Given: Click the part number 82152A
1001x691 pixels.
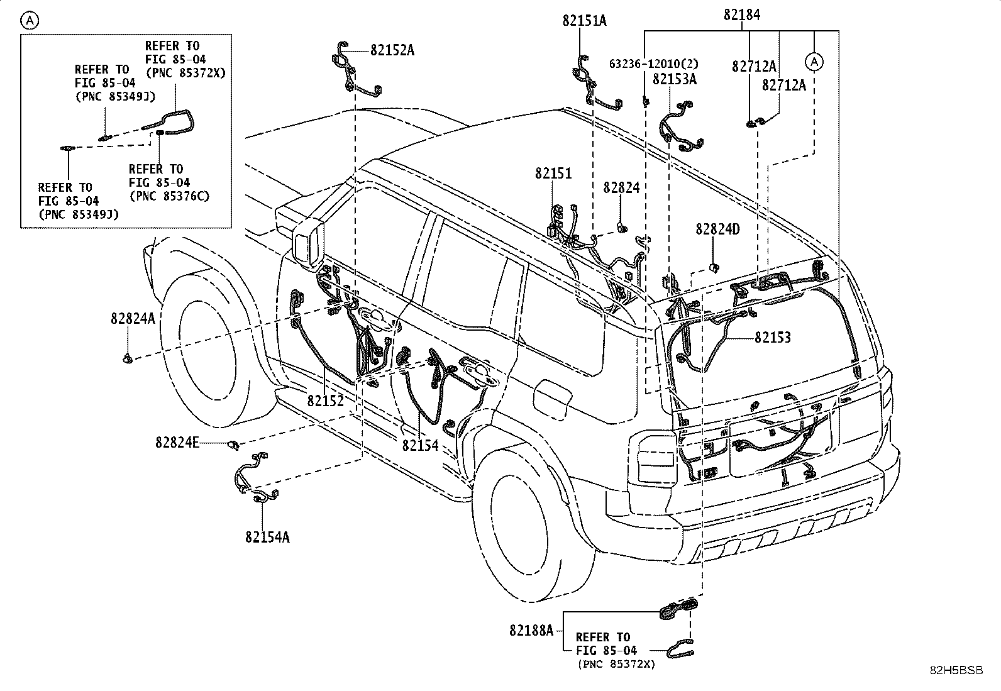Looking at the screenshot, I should [x=392, y=50].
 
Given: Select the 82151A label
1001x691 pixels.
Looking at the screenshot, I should [x=584, y=21].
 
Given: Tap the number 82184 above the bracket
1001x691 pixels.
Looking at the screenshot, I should [x=741, y=14].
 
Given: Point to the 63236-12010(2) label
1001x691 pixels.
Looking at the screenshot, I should [x=653, y=64].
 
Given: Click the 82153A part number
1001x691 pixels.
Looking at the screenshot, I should [x=675, y=79].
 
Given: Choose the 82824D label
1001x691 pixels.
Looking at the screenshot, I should [x=717, y=229].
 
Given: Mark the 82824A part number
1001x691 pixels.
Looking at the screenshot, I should [x=133, y=319].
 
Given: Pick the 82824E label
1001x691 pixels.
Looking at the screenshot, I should [x=177, y=443].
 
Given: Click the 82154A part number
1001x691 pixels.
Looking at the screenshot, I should [x=267, y=537].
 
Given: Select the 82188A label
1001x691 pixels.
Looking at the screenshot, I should [x=531, y=629].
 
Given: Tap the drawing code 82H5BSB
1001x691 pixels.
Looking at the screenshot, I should [x=956, y=671].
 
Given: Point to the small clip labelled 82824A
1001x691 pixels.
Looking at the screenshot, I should [x=128, y=359].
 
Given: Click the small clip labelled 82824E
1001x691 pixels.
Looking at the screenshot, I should [x=233, y=445].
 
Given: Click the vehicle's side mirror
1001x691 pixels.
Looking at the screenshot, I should [x=308, y=242].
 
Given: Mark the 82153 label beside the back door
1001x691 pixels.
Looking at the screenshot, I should [x=773, y=338].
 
